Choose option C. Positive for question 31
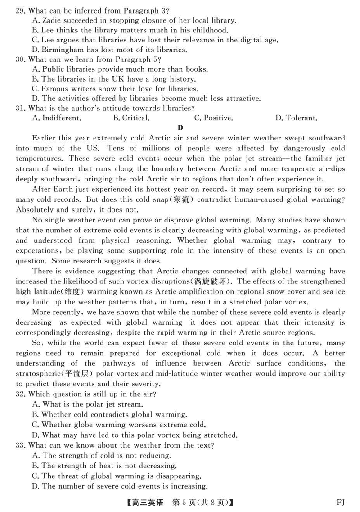tap(213, 118)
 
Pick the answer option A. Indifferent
tap(57, 118)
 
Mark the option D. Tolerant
tap(296, 118)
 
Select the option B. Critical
tap(131, 118)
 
